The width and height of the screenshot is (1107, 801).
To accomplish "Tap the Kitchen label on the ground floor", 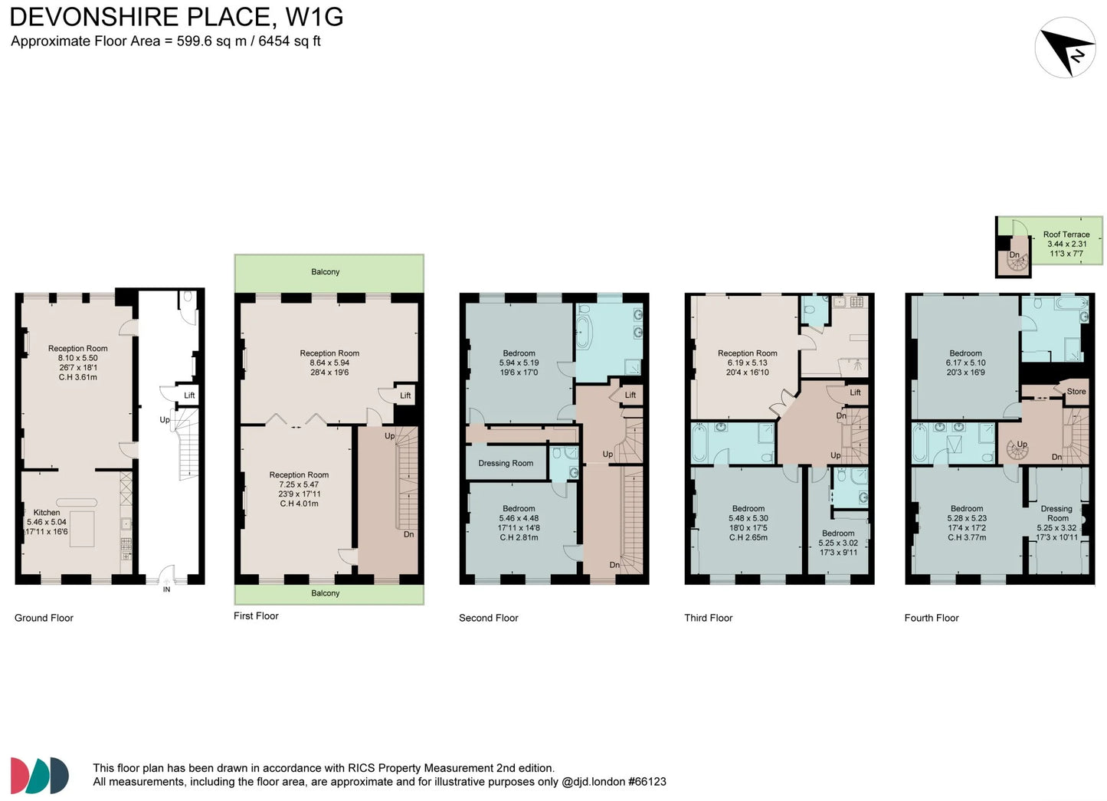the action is [47, 512].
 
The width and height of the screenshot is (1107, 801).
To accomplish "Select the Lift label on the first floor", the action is [405, 395].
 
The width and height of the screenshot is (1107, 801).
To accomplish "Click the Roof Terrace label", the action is [1066, 235].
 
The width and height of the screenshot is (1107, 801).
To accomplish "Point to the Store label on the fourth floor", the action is [1076, 391].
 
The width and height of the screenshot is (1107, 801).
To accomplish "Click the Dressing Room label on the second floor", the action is [506, 463].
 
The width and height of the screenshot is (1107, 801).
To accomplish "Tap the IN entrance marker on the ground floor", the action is [166, 589].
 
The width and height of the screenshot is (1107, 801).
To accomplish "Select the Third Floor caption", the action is [708, 618].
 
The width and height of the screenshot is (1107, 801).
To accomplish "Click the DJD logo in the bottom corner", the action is [40, 775].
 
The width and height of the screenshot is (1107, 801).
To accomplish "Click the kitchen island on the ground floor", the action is [82, 529].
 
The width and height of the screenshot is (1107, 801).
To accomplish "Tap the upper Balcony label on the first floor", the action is [325, 271].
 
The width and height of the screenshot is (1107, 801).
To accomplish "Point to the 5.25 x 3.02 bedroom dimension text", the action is [838, 543].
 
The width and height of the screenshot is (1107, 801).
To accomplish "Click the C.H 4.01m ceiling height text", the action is [299, 504].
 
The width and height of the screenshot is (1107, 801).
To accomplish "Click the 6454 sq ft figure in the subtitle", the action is [289, 41].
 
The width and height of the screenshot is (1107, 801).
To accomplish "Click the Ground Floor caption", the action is [44, 618].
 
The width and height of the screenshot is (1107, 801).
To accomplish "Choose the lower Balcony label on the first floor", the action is [325, 593].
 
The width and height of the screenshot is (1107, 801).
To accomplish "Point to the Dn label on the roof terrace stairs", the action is [1014, 254].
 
